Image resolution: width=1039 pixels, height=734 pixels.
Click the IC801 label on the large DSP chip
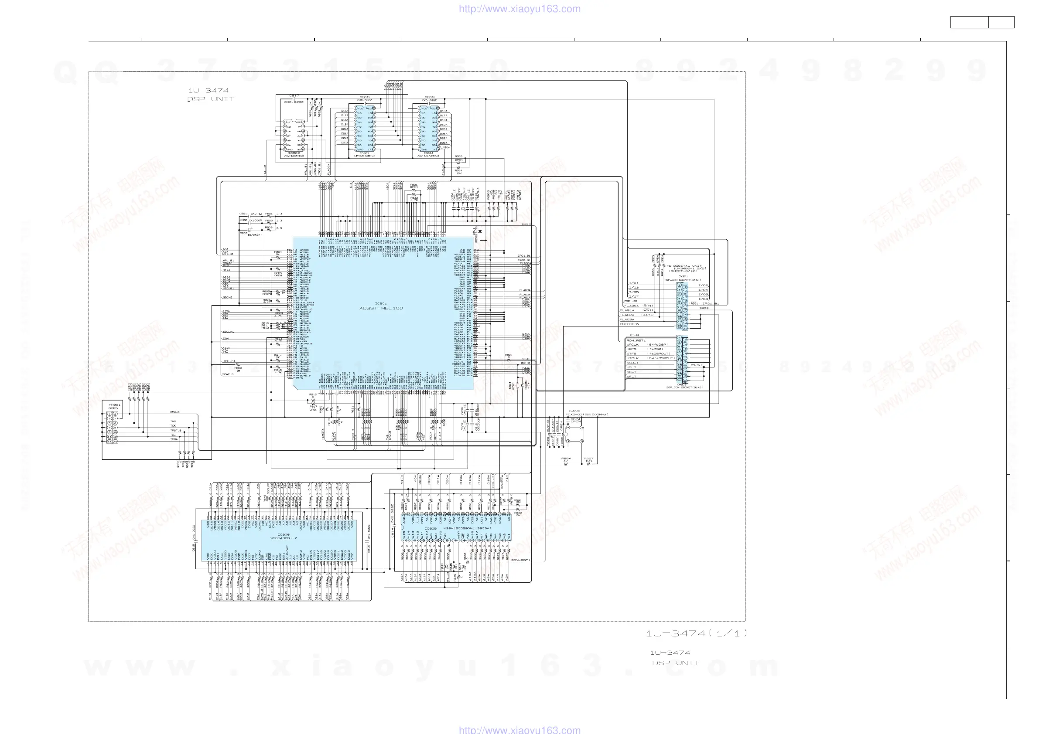[381, 303]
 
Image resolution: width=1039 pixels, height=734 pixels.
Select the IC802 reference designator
[293, 153]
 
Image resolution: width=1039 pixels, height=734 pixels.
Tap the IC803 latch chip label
[364, 153]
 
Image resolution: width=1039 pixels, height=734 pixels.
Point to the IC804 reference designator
[427, 153]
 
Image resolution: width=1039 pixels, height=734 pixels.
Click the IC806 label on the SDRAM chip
[283, 534]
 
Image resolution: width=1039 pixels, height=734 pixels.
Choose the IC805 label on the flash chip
[431, 528]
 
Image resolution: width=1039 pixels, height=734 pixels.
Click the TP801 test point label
[114, 405]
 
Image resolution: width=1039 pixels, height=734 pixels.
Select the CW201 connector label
[683, 276]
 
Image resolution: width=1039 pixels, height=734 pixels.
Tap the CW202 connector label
[681, 385]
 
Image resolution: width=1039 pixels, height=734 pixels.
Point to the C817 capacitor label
[294, 96]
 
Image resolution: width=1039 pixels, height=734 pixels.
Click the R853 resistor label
[458, 156]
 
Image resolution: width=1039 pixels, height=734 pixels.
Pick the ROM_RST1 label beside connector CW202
[636, 340]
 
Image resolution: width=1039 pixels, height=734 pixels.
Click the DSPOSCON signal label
[629, 324]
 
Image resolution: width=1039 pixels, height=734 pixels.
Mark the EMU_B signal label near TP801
[174, 412]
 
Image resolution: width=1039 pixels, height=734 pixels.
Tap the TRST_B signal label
[176, 430]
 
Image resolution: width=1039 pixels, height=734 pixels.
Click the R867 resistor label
[588, 459]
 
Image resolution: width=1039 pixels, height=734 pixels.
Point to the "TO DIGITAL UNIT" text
[684, 266]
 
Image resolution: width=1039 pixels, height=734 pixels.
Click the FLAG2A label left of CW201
[627, 315]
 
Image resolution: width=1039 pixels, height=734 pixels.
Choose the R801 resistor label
[269, 214]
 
